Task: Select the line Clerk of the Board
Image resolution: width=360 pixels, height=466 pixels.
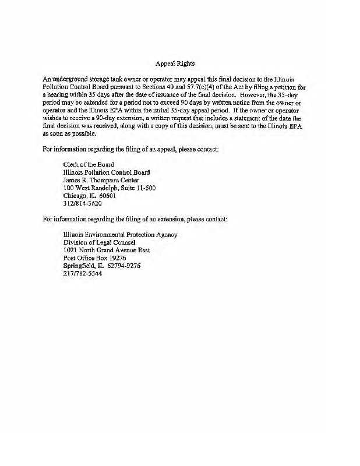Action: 89,164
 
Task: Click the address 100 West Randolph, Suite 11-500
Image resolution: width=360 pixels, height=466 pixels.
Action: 110,188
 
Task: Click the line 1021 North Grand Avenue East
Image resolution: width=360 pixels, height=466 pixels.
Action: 107,250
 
